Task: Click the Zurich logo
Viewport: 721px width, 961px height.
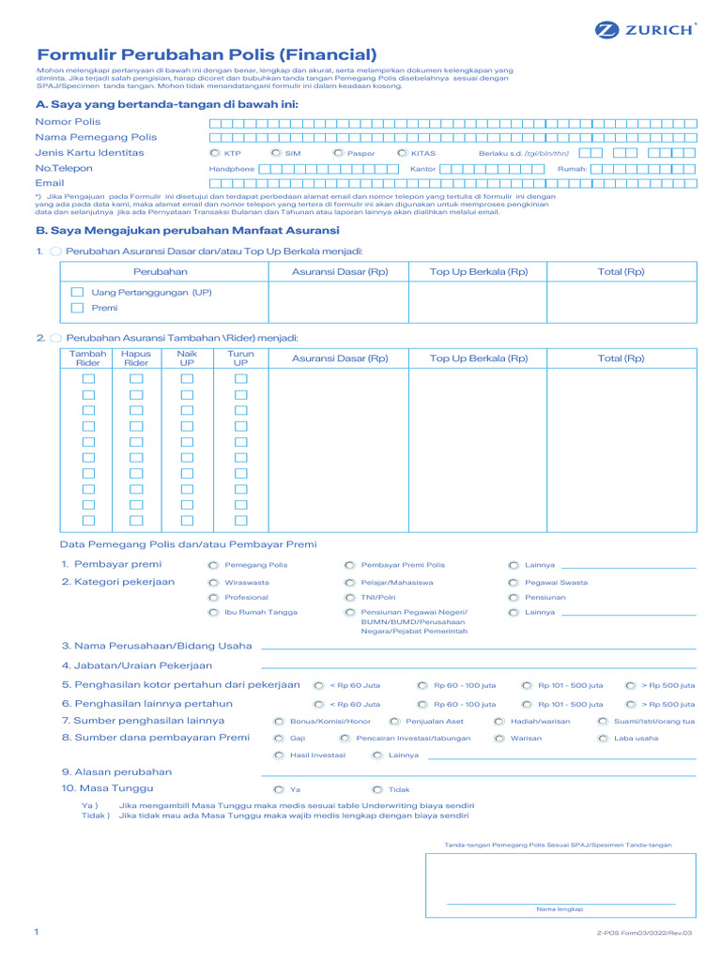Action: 646,29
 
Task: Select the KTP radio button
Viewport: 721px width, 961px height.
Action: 215,153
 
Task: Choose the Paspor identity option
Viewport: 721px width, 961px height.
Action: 337,153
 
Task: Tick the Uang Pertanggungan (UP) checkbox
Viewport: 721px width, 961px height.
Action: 78,293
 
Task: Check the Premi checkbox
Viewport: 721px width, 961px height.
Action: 78,308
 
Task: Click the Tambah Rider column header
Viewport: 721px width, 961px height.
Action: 88,358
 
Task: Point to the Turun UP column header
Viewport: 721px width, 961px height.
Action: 240,358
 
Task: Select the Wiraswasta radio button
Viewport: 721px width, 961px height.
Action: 214,583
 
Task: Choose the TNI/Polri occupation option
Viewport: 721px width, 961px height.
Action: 350,598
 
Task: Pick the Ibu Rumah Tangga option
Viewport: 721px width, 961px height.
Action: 214,613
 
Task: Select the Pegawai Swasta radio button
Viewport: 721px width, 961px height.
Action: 514,583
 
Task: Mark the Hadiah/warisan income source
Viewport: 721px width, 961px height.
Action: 499,722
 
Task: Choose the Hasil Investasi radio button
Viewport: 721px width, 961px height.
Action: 279,755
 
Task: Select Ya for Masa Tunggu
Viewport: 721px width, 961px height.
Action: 279,790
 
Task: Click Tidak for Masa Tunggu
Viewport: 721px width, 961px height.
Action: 377,790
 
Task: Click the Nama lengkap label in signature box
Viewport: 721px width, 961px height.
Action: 560,909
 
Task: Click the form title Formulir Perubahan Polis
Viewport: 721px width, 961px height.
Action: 207,55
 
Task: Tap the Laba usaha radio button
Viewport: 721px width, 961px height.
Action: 603,739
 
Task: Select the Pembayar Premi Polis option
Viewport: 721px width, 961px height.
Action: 350,566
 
